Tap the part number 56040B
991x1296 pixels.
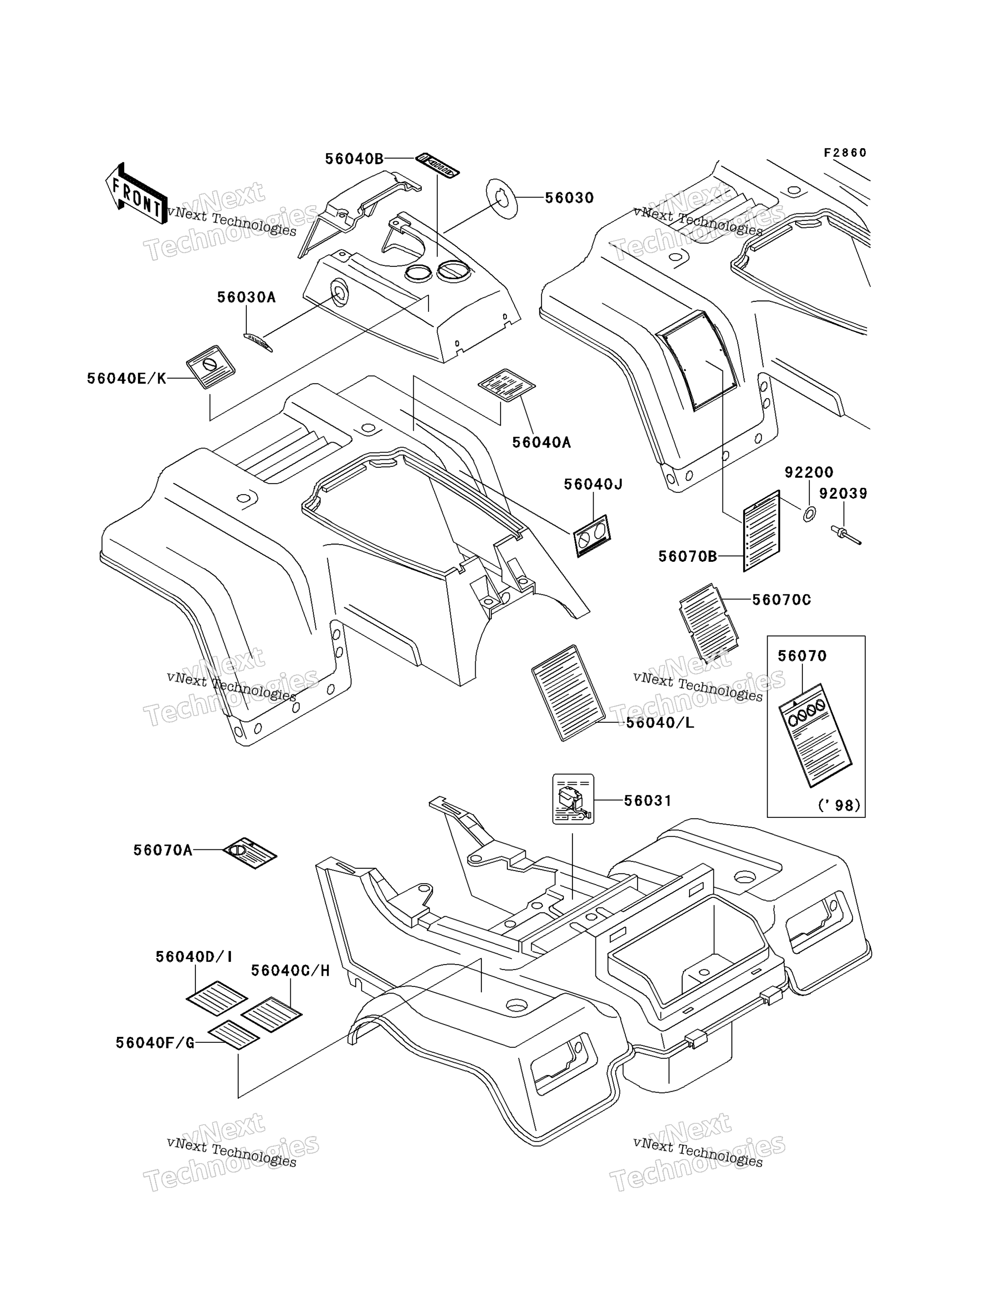click(x=354, y=159)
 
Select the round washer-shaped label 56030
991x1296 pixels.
click(x=501, y=198)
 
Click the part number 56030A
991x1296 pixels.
click(x=246, y=297)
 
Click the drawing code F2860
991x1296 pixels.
click(x=845, y=153)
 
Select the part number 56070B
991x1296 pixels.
click(x=688, y=556)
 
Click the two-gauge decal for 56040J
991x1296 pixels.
click(x=592, y=536)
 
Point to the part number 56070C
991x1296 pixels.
click(x=782, y=600)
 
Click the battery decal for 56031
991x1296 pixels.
click(x=573, y=799)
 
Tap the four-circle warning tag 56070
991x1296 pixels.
click(x=815, y=735)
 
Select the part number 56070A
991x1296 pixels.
click(x=163, y=850)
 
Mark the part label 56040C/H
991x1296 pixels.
click(x=290, y=971)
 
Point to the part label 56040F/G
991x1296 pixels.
click(x=155, y=1043)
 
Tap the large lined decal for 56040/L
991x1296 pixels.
click(x=568, y=693)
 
